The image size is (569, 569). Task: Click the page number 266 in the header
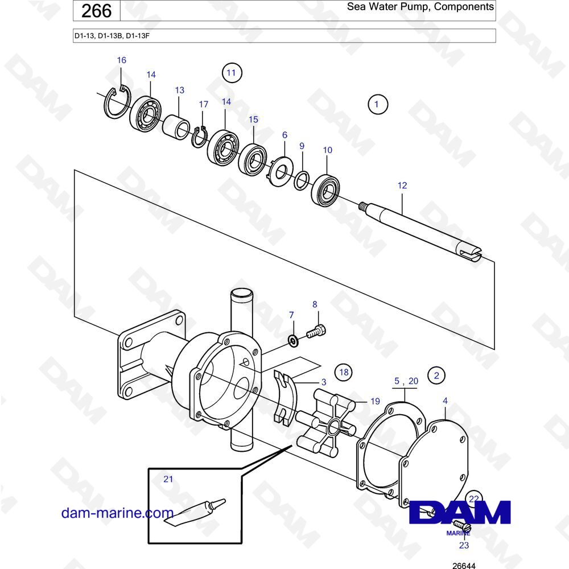tap(97, 10)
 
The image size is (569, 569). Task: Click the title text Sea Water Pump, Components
tap(420, 7)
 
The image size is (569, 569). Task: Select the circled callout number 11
tap(231, 73)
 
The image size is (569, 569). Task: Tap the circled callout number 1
tap(377, 104)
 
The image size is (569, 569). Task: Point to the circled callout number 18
tap(343, 373)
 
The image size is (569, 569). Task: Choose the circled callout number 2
tap(436, 375)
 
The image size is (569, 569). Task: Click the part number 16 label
tap(121, 60)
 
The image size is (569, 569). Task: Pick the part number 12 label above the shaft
tap(402, 185)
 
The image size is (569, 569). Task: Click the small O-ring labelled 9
tap(302, 181)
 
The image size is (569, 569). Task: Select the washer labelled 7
tap(292, 341)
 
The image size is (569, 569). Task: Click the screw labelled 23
tap(462, 529)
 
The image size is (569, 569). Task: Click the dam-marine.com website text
tap(117, 513)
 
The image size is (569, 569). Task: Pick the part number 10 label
tap(327, 150)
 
